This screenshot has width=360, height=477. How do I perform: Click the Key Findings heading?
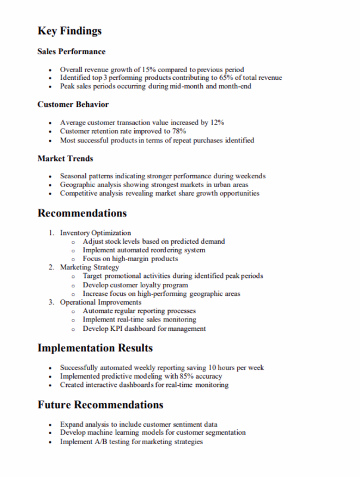pos(69,31)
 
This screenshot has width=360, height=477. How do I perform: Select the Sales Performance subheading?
pos(71,52)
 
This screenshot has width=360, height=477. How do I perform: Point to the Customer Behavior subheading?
pos(73,104)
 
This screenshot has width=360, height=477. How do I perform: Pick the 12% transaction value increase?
pos(217,123)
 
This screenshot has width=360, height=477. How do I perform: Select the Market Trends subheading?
pos(65,159)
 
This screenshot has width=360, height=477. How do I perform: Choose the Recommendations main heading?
pos(82,213)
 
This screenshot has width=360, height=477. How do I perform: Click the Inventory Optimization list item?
pos(95,233)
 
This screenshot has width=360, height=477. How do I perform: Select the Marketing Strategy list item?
pos(90,268)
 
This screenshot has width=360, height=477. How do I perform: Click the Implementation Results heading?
pos(95,348)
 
